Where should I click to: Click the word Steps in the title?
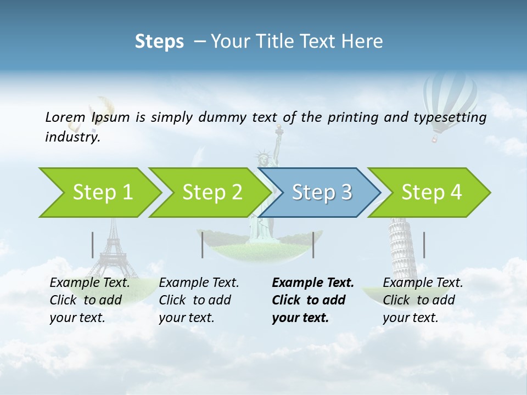point(159,42)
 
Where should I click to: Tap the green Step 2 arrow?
point(212,193)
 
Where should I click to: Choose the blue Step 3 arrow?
point(322,193)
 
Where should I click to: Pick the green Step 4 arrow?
point(431,193)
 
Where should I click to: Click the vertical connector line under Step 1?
point(93,245)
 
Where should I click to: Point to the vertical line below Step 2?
point(203,245)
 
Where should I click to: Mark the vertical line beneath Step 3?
point(313,245)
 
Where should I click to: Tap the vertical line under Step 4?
point(424,245)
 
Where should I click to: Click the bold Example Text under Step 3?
point(313,283)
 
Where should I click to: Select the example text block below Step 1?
point(89,300)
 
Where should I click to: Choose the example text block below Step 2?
point(199,300)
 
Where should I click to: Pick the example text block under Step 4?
point(423,300)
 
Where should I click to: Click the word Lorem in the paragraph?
point(65,117)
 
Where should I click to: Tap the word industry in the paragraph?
point(72,137)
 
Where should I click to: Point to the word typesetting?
point(454,117)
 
